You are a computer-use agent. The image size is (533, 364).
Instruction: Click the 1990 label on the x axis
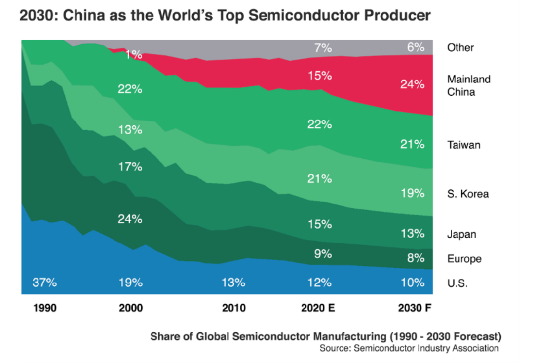[45, 309]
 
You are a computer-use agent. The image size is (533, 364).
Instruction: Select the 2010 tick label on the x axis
[233, 309]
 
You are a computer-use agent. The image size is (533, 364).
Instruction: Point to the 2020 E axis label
[318, 309]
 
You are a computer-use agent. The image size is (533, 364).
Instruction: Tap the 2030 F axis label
[415, 309]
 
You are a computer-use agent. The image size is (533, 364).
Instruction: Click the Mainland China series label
[468, 85]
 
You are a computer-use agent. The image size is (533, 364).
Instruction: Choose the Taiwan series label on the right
[463, 145]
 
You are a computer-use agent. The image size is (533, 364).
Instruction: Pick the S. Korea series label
[467, 194]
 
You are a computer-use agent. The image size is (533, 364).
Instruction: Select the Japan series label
[461, 234]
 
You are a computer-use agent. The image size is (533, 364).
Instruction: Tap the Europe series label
[464, 259]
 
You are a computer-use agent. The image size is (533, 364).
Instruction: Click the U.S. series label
[457, 283]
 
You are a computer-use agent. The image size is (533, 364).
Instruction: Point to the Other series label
[460, 48]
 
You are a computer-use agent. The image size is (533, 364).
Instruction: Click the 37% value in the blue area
[45, 283]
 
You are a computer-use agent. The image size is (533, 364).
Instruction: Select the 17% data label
[130, 167]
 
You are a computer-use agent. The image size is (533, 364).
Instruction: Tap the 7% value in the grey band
[323, 48]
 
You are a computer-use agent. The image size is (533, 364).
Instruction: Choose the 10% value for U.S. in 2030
[413, 283]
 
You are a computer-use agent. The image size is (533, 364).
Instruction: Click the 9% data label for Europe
[323, 254]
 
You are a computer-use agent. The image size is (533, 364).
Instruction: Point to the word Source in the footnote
[335, 349]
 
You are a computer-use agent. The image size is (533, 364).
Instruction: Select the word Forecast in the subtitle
[474, 337]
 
